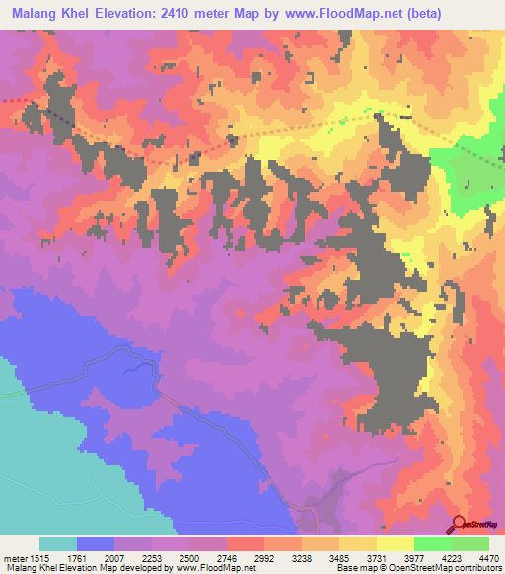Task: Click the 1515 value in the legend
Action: (39, 557)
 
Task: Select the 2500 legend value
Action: (188, 557)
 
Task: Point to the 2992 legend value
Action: (263, 557)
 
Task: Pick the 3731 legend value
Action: (376, 557)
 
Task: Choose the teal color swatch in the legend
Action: (58, 543)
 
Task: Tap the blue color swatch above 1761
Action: (96, 543)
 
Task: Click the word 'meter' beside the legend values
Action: (14, 557)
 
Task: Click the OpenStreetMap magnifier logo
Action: (460, 524)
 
